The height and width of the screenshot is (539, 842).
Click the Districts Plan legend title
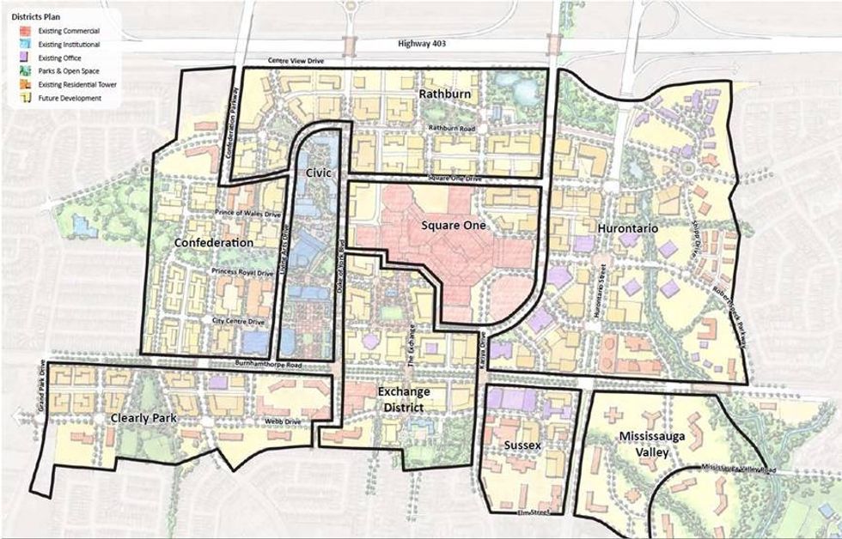pyautogui.click(x=34, y=16)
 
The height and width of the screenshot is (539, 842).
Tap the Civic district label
pyautogui.click(x=317, y=173)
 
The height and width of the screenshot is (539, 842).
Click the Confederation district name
pyautogui.click(x=214, y=243)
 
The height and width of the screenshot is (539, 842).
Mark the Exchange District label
pyautogui.click(x=403, y=398)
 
